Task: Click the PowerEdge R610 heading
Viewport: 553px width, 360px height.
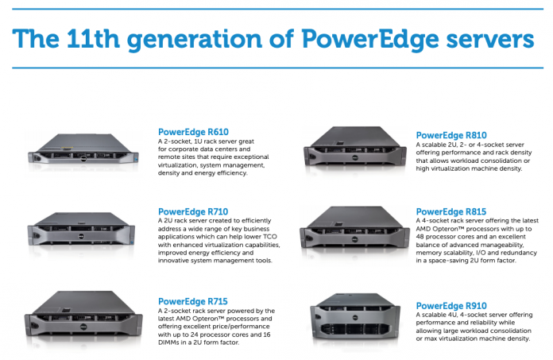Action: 194,132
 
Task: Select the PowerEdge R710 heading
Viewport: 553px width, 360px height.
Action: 194,211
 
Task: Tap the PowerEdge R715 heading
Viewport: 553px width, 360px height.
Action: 194,301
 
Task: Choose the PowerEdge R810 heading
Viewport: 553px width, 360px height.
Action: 451,136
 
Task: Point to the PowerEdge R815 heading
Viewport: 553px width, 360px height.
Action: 451,212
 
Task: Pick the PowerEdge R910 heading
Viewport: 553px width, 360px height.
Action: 451,305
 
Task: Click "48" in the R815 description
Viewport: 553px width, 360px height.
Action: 422,239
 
